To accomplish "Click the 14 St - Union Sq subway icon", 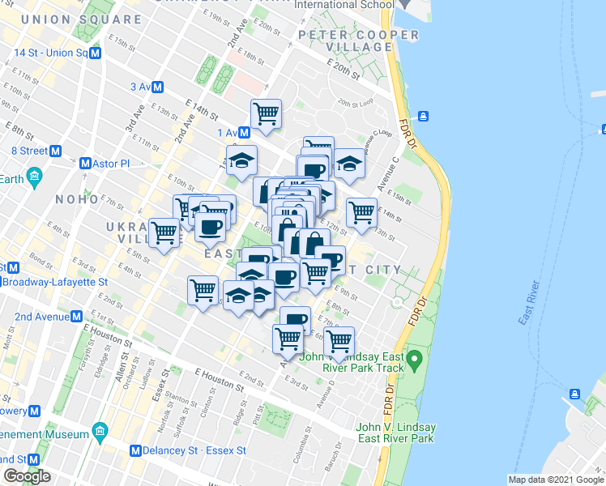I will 95,53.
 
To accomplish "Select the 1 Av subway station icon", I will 245,132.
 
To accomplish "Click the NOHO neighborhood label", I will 77,198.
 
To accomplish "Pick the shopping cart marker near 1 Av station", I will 266,113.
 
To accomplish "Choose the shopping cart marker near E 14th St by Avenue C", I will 361,213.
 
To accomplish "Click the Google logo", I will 27,476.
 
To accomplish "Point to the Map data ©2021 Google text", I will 556,480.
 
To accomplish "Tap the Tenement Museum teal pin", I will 100,429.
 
